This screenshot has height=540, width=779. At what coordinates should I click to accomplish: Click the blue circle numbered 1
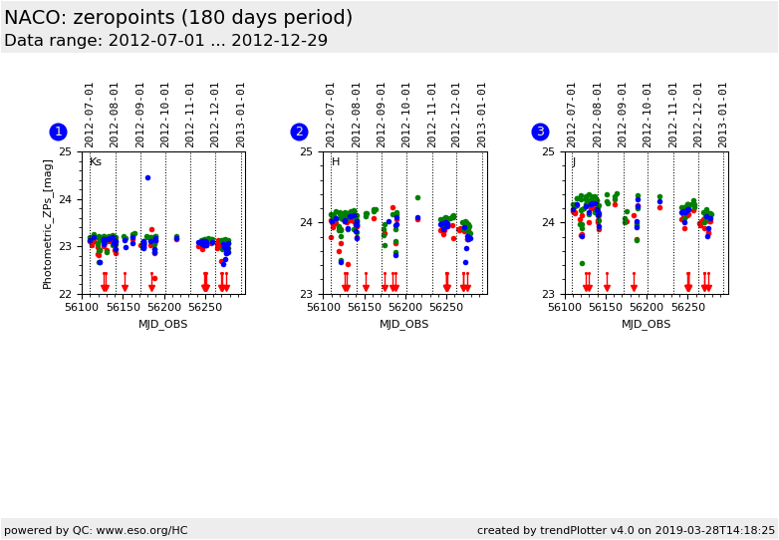(58, 132)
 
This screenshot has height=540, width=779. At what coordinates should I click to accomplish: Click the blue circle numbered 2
(299, 132)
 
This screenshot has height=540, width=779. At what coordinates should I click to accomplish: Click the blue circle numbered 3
(540, 132)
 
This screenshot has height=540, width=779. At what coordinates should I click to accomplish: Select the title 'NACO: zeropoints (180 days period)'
(178, 18)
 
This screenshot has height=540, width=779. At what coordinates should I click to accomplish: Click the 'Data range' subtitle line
(165, 41)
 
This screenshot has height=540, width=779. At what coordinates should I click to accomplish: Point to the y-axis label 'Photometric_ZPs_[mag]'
(48, 223)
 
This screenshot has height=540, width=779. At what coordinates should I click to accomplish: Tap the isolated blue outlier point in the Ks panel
(147, 177)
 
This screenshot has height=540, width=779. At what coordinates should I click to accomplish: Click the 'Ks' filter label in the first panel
(95, 162)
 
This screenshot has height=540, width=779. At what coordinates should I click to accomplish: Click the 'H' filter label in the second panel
(336, 162)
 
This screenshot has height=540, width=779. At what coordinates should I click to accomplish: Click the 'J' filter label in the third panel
(574, 162)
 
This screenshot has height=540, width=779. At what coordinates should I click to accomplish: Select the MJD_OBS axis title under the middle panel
(404, 324)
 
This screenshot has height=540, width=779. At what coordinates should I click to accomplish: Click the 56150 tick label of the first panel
(124, 308)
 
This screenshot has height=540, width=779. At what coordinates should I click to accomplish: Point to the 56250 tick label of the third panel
(687, 308)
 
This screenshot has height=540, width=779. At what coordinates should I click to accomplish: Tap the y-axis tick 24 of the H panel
(306, 222)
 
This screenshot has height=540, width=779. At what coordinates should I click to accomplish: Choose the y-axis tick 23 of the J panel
(547, 294)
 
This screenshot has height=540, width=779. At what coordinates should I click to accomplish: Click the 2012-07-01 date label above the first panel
(90, 114)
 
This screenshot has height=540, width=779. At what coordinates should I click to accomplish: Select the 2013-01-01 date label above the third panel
(723, 114)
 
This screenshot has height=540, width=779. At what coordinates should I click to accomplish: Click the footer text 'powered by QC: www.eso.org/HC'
(96, 530)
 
